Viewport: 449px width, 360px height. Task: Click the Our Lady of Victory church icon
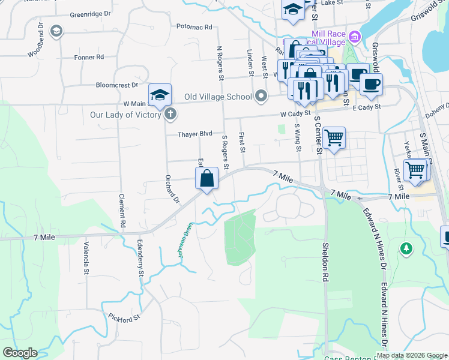pyautogui.click(x=170, y=113)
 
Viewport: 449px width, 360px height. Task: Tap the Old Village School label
pyautogui.click(x=218, y=97)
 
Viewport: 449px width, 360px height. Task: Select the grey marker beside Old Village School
pyautogui.click(x=261, y=96)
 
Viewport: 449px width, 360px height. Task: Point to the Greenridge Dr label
pyautogui.click(x=91, y=14)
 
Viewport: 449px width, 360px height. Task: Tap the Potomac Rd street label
pyautogui.click(x=195, y=27)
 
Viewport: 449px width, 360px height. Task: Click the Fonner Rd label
pyautogui.click(x=89, y=57)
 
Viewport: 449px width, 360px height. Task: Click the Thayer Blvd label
pyautogui.click(x=195, y=134)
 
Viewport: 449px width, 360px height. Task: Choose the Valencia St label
pyautogui.click(x=86, y=258)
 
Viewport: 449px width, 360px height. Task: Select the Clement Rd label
pyautogui.click(x=122, y=210)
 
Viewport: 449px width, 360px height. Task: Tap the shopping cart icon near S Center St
pyautogui.click(x=334, y=138)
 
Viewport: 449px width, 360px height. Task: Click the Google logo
pyautogui.click(x=20, y=353)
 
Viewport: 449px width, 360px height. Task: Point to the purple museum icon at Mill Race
pyautogui.click(x=355, y=37)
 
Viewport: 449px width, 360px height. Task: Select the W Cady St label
pyautogui.click(x=294, y=113)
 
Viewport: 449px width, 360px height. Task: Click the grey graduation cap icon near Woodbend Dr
pyautogui.click(x=56, y=31)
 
